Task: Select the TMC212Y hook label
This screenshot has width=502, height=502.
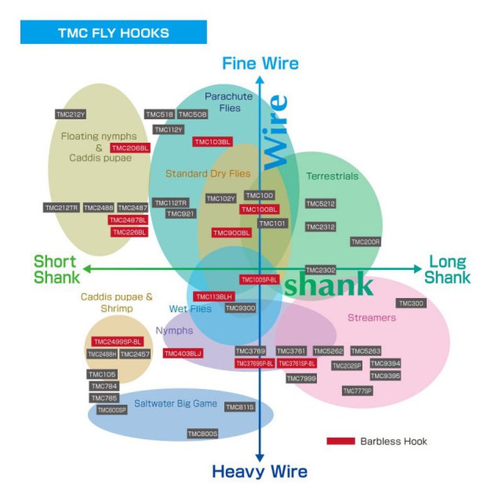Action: pos(71,114)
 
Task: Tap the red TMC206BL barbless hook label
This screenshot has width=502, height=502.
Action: pos(130,148)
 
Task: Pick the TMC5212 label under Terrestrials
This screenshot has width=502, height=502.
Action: pos(320,204)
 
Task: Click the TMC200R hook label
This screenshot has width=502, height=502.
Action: pos(365,242)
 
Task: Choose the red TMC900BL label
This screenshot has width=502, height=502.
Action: pos(231,233)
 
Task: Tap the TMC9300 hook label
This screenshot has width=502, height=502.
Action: pos(241,308)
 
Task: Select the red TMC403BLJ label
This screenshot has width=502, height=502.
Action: pos(183,354)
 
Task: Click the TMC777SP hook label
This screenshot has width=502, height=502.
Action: pos(358,391)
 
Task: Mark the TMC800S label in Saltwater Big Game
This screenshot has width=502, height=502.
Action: pos(203,434)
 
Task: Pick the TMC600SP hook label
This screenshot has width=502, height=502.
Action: pos(112,410)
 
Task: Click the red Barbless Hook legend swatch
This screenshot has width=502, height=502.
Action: pos(341,441)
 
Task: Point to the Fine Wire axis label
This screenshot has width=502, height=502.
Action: pos(260,63)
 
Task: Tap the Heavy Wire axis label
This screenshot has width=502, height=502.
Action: pos(259,472)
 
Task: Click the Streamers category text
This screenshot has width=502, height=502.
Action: pos(371,318)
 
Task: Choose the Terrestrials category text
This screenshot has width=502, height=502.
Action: pos(332,176)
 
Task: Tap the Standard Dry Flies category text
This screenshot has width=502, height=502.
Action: pos(208,174)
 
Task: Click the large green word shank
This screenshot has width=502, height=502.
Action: pos(329,285)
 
